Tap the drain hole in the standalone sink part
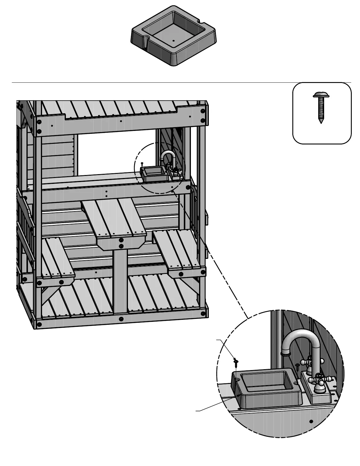(174, 41)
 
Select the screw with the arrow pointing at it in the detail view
(236, 361)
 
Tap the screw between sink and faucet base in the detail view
(298, 366)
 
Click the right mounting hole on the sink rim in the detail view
(296, 384)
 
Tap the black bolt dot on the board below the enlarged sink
(311, 421)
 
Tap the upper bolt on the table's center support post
(121, 240)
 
